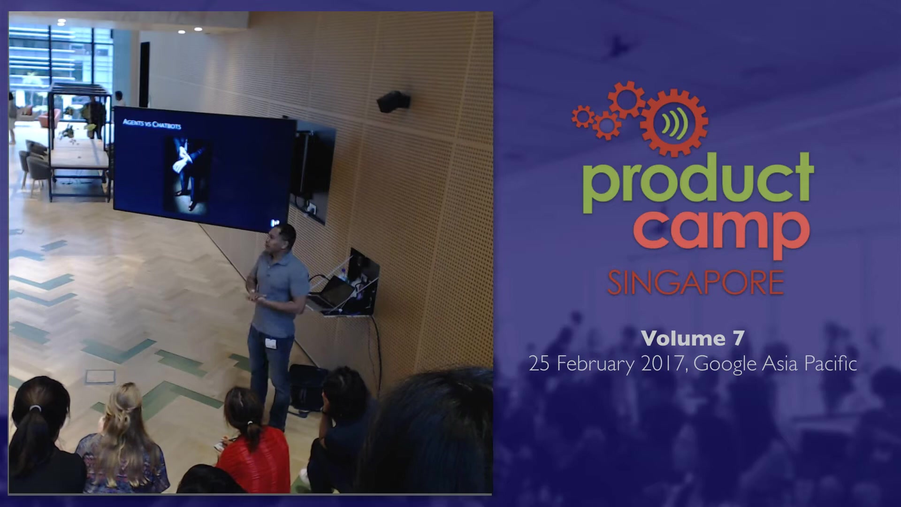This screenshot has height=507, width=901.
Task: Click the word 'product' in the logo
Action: [699, 184]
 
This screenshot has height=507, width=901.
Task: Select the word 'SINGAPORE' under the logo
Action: [696, 282]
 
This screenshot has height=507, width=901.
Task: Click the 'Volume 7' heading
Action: [693, 338]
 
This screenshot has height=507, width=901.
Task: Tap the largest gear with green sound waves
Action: [674, 123]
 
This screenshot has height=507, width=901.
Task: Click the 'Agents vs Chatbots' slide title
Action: [152, 124]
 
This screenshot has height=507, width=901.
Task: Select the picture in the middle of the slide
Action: [186, 174]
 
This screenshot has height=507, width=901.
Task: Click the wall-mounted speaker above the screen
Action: [393, 101]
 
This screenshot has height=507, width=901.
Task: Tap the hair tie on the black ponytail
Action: [35, 408]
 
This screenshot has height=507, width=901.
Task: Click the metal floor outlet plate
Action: [100, 376]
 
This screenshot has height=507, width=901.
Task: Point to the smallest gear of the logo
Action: [582, 116]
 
